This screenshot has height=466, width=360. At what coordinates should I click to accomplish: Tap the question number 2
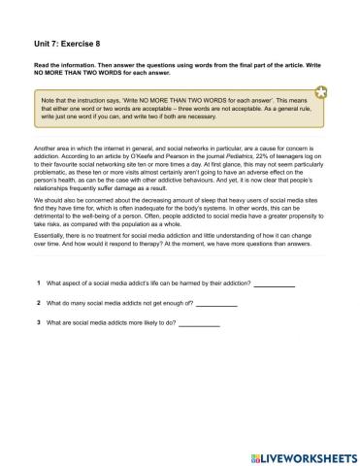point(36,304)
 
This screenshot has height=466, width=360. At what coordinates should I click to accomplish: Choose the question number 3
point(36,322)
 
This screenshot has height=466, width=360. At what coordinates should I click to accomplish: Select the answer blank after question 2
point(216,305)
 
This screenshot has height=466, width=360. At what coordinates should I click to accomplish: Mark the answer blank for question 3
point(200,323)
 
